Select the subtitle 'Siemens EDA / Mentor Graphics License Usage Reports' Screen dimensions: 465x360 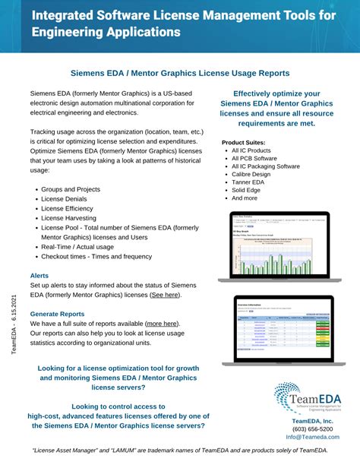(180, 73)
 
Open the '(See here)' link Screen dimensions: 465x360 (165, 294)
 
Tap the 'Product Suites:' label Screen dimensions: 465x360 (245, 143)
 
